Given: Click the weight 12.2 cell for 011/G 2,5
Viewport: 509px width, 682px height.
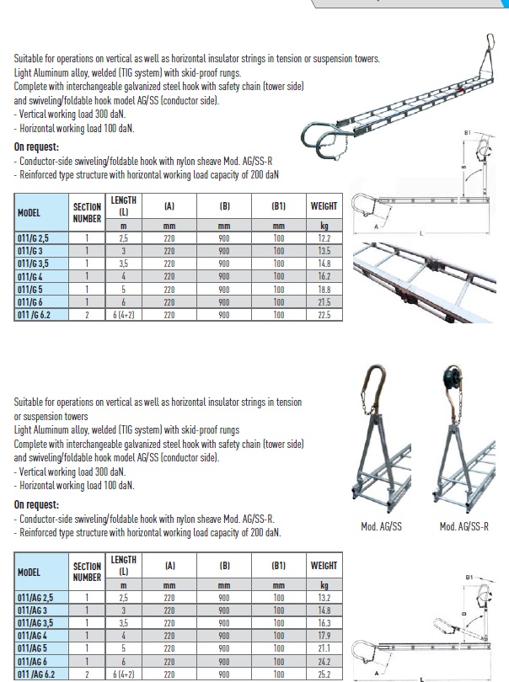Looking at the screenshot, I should [324, 238].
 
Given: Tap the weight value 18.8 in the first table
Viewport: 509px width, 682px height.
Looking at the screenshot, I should [324, 289].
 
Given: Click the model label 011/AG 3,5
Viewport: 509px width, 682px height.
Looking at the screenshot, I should [38, 624].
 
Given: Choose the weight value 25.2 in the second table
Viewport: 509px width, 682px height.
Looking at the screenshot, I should [324, 674].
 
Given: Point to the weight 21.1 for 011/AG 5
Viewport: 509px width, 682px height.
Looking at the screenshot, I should [324, 649].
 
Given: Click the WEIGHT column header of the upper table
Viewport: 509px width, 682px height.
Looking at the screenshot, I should [324, 205].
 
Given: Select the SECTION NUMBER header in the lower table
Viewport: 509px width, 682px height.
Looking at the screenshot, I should [87, 573].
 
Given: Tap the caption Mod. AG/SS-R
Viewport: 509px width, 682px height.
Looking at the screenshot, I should [464, 527].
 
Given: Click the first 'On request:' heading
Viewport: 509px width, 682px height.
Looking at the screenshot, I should [35, 146].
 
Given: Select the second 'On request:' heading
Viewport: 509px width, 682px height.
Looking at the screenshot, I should [35, 504].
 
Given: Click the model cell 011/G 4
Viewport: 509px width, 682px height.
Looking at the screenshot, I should [31, 276].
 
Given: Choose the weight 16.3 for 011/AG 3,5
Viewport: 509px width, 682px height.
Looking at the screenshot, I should [324, 624].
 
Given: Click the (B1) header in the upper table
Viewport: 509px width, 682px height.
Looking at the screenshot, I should [279, 205].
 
